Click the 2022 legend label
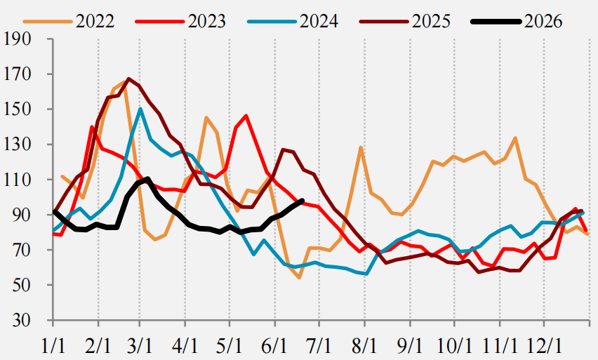tap(95, 21)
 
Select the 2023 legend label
tap(207, 21)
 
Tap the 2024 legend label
tap(319, 21)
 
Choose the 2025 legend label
tap(431, 21)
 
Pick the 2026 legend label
tap(543, 21)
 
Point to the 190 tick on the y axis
tap(17, 39)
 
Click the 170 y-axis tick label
tap(17, 74)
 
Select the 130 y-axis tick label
tap(17, 145)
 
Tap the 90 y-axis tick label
tap(22, 215)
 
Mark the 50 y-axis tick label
tap(22, 285)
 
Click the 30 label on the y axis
tap(22, 320)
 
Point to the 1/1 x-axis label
tap(53, 345)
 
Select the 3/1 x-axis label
tap(140, 345)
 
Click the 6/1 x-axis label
tap(274, 345)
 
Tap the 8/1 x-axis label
tap(364, 345)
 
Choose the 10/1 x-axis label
tap(454, 345)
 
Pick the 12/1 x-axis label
tap(544, 345)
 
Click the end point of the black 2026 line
tap(303, 201)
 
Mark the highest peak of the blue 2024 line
tap(140, 109)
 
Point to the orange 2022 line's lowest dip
tap(300, 278)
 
